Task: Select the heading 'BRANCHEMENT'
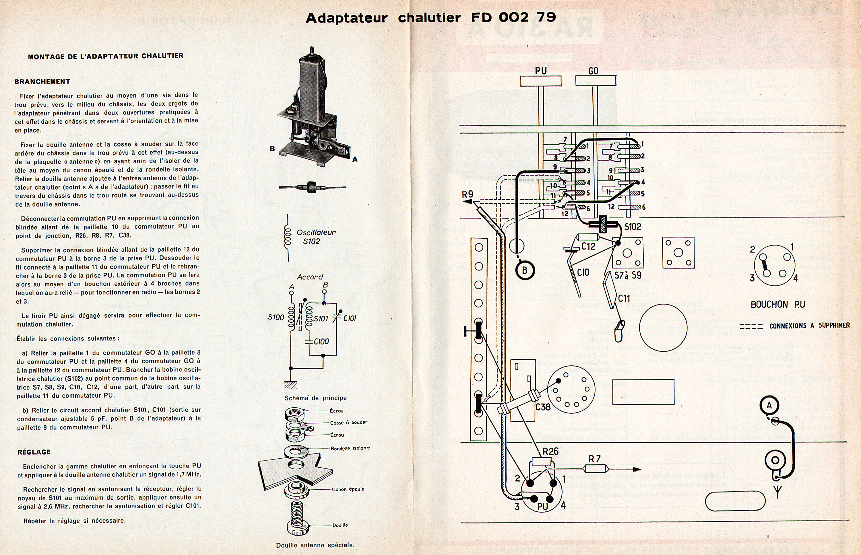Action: click(42, 81)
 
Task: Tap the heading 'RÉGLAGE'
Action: click(34, 452)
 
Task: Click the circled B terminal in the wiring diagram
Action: click(524, 270)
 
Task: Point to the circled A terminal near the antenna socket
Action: click(769, 406)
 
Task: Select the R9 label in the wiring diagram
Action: click(467, 195)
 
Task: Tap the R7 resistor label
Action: click(595, 459)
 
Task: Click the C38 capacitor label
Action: click(543, 407)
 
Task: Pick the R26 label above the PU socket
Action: click(550, 451)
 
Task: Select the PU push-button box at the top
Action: click(541, 81)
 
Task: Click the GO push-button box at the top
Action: click(596, 81)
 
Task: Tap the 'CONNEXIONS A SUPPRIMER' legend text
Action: click(809, 326)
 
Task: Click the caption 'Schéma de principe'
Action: click(315, 398)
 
